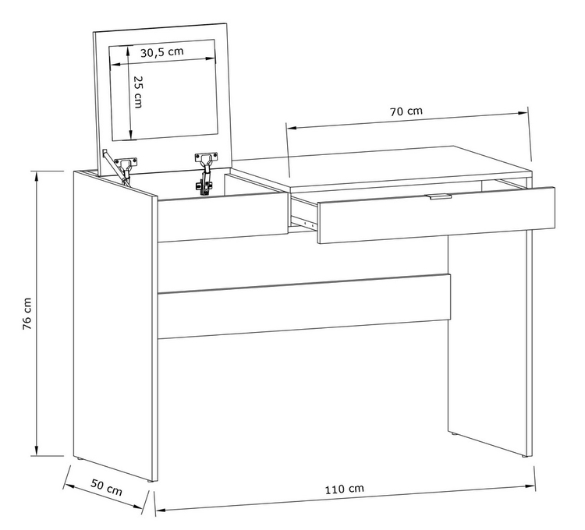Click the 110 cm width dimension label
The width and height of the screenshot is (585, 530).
pyautogui.click(x=344, y=489)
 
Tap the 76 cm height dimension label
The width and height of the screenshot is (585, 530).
pyautogui.click(x=27, y=313)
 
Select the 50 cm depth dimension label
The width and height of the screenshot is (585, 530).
pyautogui.click(x=107, y=488)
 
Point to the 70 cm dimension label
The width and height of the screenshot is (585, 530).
pyautogui.click(x=406, y=111)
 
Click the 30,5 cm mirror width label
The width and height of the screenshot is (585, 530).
pyautogui.click(x=162, y=51)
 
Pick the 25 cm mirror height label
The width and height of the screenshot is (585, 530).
pyautogui.click(x=138, y=92)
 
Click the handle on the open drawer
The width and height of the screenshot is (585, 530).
pyautogui.click(x=440, y=196)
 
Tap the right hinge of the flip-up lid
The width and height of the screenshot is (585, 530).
pyautogui.click(x=204, y=172)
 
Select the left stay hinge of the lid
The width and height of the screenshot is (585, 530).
pyautogui.click(x=120, y=167)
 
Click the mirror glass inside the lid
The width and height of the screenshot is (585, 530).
pyautogui.click(x=163, y=90)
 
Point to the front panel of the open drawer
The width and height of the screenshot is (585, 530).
pyautogui.click(x=436, y=215)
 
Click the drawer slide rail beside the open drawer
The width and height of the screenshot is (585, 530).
pyautogui.click(x=303, y=222)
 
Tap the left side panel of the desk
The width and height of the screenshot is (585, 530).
pyautogui.click(x=113, y=326)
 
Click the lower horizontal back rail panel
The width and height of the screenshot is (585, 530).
pyautogui.click(x=304, y=302)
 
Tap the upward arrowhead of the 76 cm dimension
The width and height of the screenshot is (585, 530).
pyautogui.click(x=37, y=177)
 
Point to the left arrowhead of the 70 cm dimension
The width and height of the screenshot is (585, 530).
pyautogui.click(x=291, y=128)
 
